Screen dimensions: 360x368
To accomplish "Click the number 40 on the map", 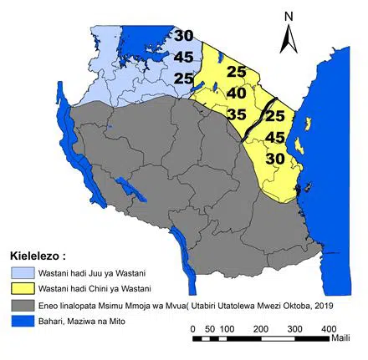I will [236, 94].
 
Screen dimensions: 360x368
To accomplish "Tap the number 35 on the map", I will [237, 114].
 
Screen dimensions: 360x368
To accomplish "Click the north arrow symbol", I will [288, 38].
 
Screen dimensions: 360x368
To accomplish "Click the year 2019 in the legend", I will [309, 305].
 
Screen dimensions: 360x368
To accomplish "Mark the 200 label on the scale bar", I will [259, 328].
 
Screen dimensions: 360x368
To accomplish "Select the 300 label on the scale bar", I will [294, 328].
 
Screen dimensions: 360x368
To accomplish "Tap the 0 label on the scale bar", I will [193, 328].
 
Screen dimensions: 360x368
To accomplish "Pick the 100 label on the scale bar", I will [226, 328].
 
